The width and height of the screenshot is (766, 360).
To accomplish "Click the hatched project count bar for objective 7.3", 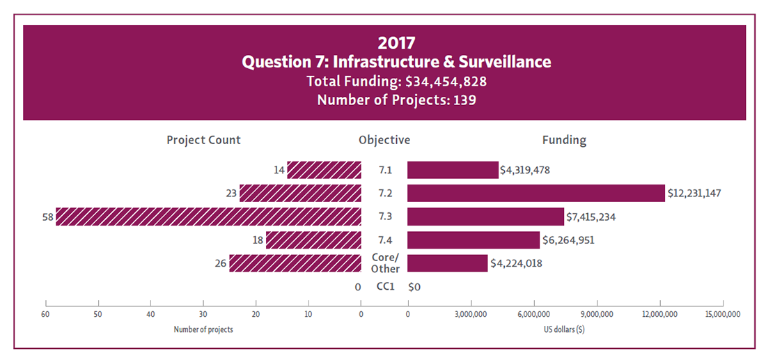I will coord(208,217).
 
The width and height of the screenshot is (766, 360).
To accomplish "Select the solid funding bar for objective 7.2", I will coord(536,193).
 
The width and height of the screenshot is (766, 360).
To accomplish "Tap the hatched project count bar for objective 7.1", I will coord(324,170).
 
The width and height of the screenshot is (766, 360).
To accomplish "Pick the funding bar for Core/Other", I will coord(447,263).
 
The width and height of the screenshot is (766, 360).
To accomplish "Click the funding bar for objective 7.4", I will coord(474,240).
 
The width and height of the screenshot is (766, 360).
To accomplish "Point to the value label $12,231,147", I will coord(694,193).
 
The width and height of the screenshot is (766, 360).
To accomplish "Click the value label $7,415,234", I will coord(591,217).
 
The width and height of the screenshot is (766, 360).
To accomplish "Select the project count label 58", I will coord(47,217).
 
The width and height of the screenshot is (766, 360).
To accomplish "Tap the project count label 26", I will coord(221,263).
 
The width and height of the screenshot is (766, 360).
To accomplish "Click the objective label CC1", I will coord(385,286).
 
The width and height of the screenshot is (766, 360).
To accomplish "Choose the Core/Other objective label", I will coord(385,263).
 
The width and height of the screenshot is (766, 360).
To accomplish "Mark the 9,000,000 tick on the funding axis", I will coord(597,314).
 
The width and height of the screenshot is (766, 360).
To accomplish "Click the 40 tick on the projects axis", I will coord(151,314).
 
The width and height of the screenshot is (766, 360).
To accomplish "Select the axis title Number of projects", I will coord(203,329).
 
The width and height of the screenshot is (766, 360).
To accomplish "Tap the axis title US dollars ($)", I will coord(565,329).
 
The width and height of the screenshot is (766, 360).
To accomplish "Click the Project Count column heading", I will coord(203,140).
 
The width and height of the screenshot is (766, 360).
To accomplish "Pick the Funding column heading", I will coord(564,140).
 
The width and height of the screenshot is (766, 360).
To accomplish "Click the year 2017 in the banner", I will coord(396,43).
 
